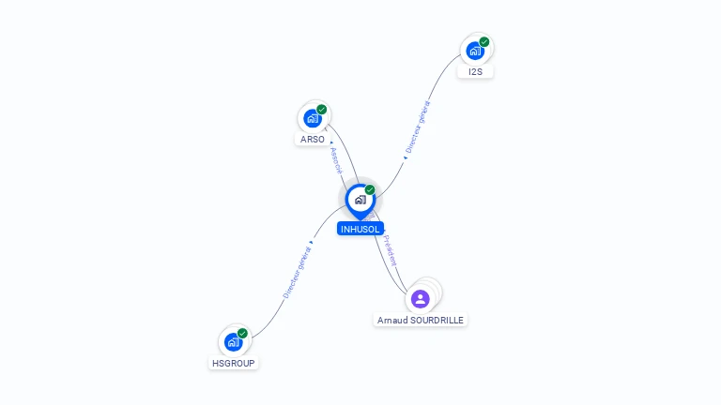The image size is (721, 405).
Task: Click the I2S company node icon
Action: point(475,51)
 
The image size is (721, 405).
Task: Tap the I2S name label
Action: point(476,71)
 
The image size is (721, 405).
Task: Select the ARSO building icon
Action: point(313,119)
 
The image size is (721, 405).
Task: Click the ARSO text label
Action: point(313,140)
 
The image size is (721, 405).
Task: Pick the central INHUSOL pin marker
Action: point(360,200)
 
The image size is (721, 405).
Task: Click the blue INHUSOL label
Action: point(360,229)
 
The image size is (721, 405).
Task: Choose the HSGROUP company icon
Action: point(234,342)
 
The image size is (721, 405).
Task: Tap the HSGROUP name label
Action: point(233,363)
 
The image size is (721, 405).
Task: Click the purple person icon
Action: point(421,299)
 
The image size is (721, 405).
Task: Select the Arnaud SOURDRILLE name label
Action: point(421,320)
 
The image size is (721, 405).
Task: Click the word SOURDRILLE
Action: point(437,320)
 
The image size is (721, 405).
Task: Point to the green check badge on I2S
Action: point(484,41)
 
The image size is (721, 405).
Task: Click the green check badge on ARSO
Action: point(322,110)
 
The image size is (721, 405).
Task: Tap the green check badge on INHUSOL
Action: point(370,190)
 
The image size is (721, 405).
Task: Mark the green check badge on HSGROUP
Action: point(243,333)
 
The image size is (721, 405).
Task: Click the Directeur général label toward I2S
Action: point(417,127)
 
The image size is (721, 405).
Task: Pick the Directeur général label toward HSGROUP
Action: point(298,271)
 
